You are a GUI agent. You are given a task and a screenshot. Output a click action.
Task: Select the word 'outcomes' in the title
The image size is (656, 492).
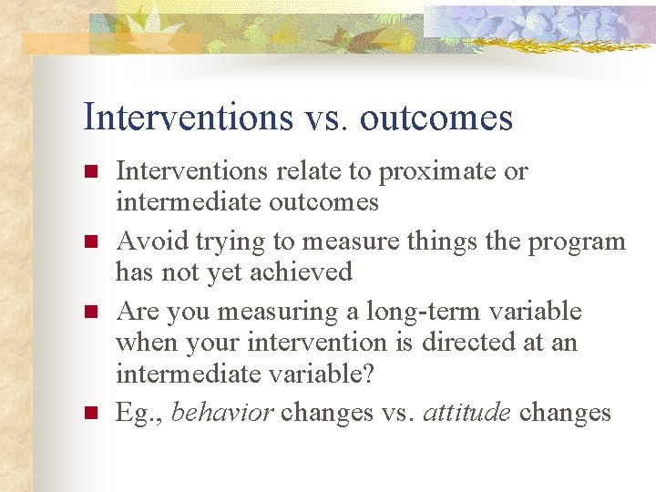coord(436,118)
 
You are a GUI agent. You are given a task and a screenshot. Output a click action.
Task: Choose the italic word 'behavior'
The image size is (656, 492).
coord(222,413)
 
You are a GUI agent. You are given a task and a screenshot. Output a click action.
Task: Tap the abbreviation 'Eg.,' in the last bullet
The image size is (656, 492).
coord(139,413)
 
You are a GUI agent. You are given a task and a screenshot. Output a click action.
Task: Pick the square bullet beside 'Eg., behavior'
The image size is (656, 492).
coord(89,414)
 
